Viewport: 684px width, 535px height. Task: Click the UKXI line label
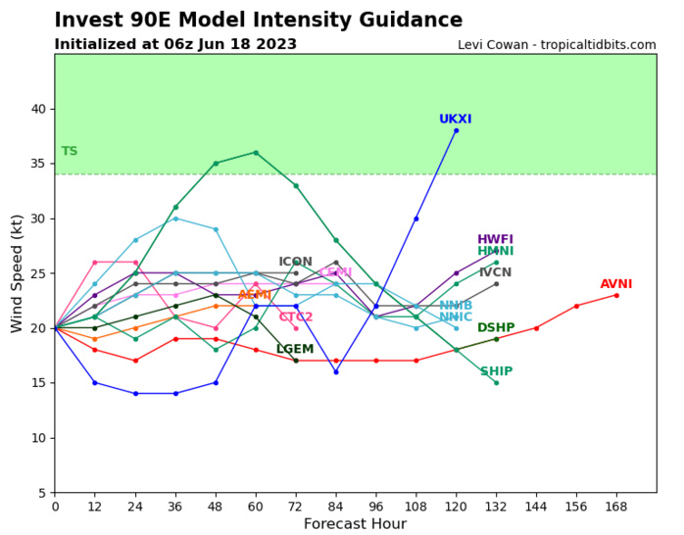455,120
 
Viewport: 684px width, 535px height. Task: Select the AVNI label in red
616,284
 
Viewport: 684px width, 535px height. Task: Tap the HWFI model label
495,240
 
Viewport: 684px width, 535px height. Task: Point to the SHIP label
496,371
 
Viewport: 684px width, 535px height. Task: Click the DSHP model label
496,328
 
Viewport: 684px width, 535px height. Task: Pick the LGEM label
295,350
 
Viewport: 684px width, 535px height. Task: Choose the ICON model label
295,263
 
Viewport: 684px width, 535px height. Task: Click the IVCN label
495,273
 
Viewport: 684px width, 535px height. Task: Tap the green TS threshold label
70,152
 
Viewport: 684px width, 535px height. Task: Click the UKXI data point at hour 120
456,130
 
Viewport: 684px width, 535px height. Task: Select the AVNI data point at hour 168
616,295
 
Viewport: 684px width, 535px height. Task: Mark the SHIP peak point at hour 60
256,152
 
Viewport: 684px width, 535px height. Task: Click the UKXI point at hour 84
335,371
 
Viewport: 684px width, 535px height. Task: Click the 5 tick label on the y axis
42,493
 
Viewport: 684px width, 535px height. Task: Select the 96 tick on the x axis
375,507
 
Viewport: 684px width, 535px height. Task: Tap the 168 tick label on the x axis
616,507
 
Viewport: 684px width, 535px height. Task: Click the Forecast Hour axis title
355,524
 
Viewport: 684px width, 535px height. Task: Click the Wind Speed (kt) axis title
17,273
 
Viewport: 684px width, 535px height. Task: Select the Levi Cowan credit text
557,45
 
